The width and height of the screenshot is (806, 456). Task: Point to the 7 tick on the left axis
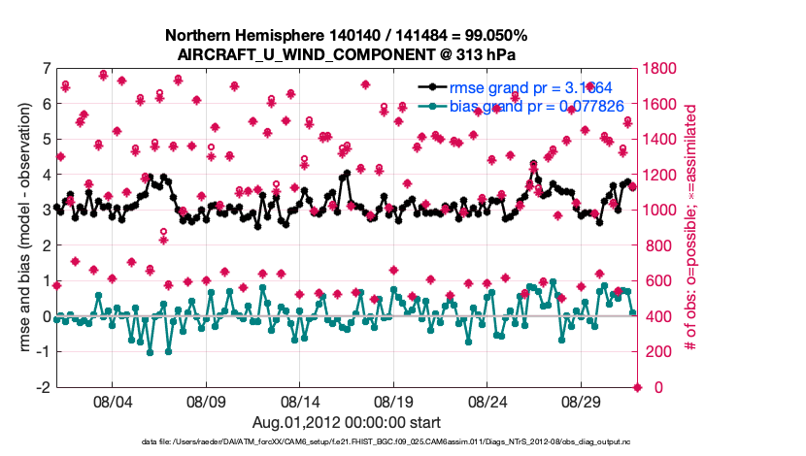[x=47, y=69]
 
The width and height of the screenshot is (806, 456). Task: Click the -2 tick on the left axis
[x=44, y=387]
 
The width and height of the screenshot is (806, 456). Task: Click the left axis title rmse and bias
[x=26, y=227]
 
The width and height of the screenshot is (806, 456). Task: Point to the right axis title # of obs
[x=692, y=227]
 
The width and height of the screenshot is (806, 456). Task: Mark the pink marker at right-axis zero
[x=638, y=387]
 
